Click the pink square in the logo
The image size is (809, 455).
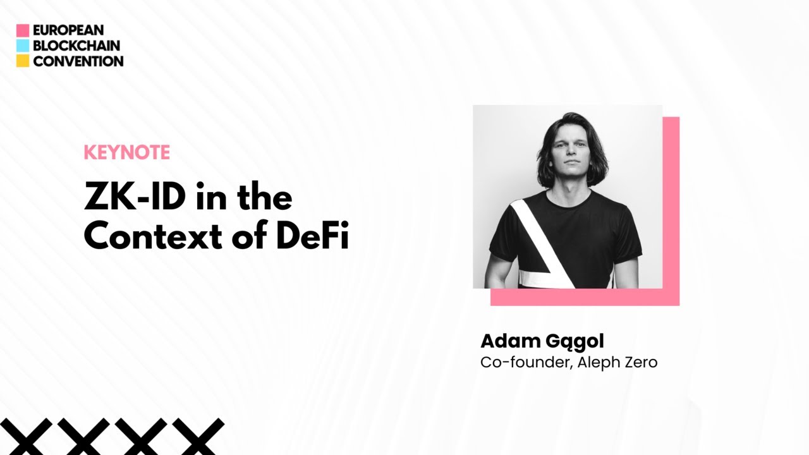tap(23, 30)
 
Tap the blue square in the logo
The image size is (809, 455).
tap(23, 45)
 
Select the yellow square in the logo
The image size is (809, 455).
tap(23, 61)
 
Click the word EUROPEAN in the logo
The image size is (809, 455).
tap(68, 30)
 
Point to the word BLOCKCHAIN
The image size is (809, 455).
tap(76, 45)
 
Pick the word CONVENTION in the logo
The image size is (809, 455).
tap(78, 61)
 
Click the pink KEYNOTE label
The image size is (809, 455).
tap(126, 152)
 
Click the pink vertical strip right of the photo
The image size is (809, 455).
tap(671, 202)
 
